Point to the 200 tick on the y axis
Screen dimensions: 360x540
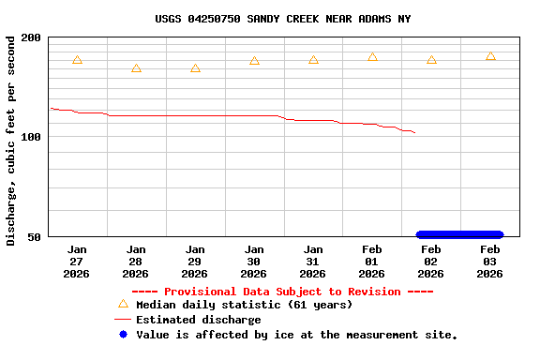[31, 37]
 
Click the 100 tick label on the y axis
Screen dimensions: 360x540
[31, 137]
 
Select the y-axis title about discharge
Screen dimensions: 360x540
[11, 141]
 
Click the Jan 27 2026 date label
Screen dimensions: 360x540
[77, 262]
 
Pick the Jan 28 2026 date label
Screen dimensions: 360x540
[136, 262]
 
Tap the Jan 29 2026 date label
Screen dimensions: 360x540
[195, 262]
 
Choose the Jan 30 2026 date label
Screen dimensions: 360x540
[254, 262]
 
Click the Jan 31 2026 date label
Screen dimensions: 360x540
[313, 262]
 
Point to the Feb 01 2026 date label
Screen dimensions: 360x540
[372, 262]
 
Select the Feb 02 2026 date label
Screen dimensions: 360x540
[431, 262]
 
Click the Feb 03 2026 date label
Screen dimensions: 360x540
[490, 262]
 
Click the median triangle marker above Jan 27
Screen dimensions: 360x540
[77, 60]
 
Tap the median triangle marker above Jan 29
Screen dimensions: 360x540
[195, 68]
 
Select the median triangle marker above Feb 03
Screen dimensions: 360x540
[490, 56]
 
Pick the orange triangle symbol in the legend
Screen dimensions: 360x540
[122, 304]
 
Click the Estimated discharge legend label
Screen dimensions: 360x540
[198, 320]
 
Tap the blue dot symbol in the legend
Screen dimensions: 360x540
[122, 335]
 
